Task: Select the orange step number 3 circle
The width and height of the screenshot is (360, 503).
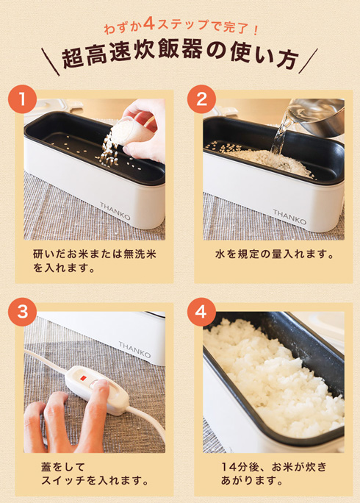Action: [26, 312]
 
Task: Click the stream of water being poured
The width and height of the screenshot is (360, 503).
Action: [283, 132]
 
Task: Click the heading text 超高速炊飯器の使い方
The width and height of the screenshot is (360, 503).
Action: [180, 59]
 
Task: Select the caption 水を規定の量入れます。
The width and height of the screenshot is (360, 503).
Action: [273, 255]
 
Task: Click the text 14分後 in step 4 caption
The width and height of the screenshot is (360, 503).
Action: [242, 466]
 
